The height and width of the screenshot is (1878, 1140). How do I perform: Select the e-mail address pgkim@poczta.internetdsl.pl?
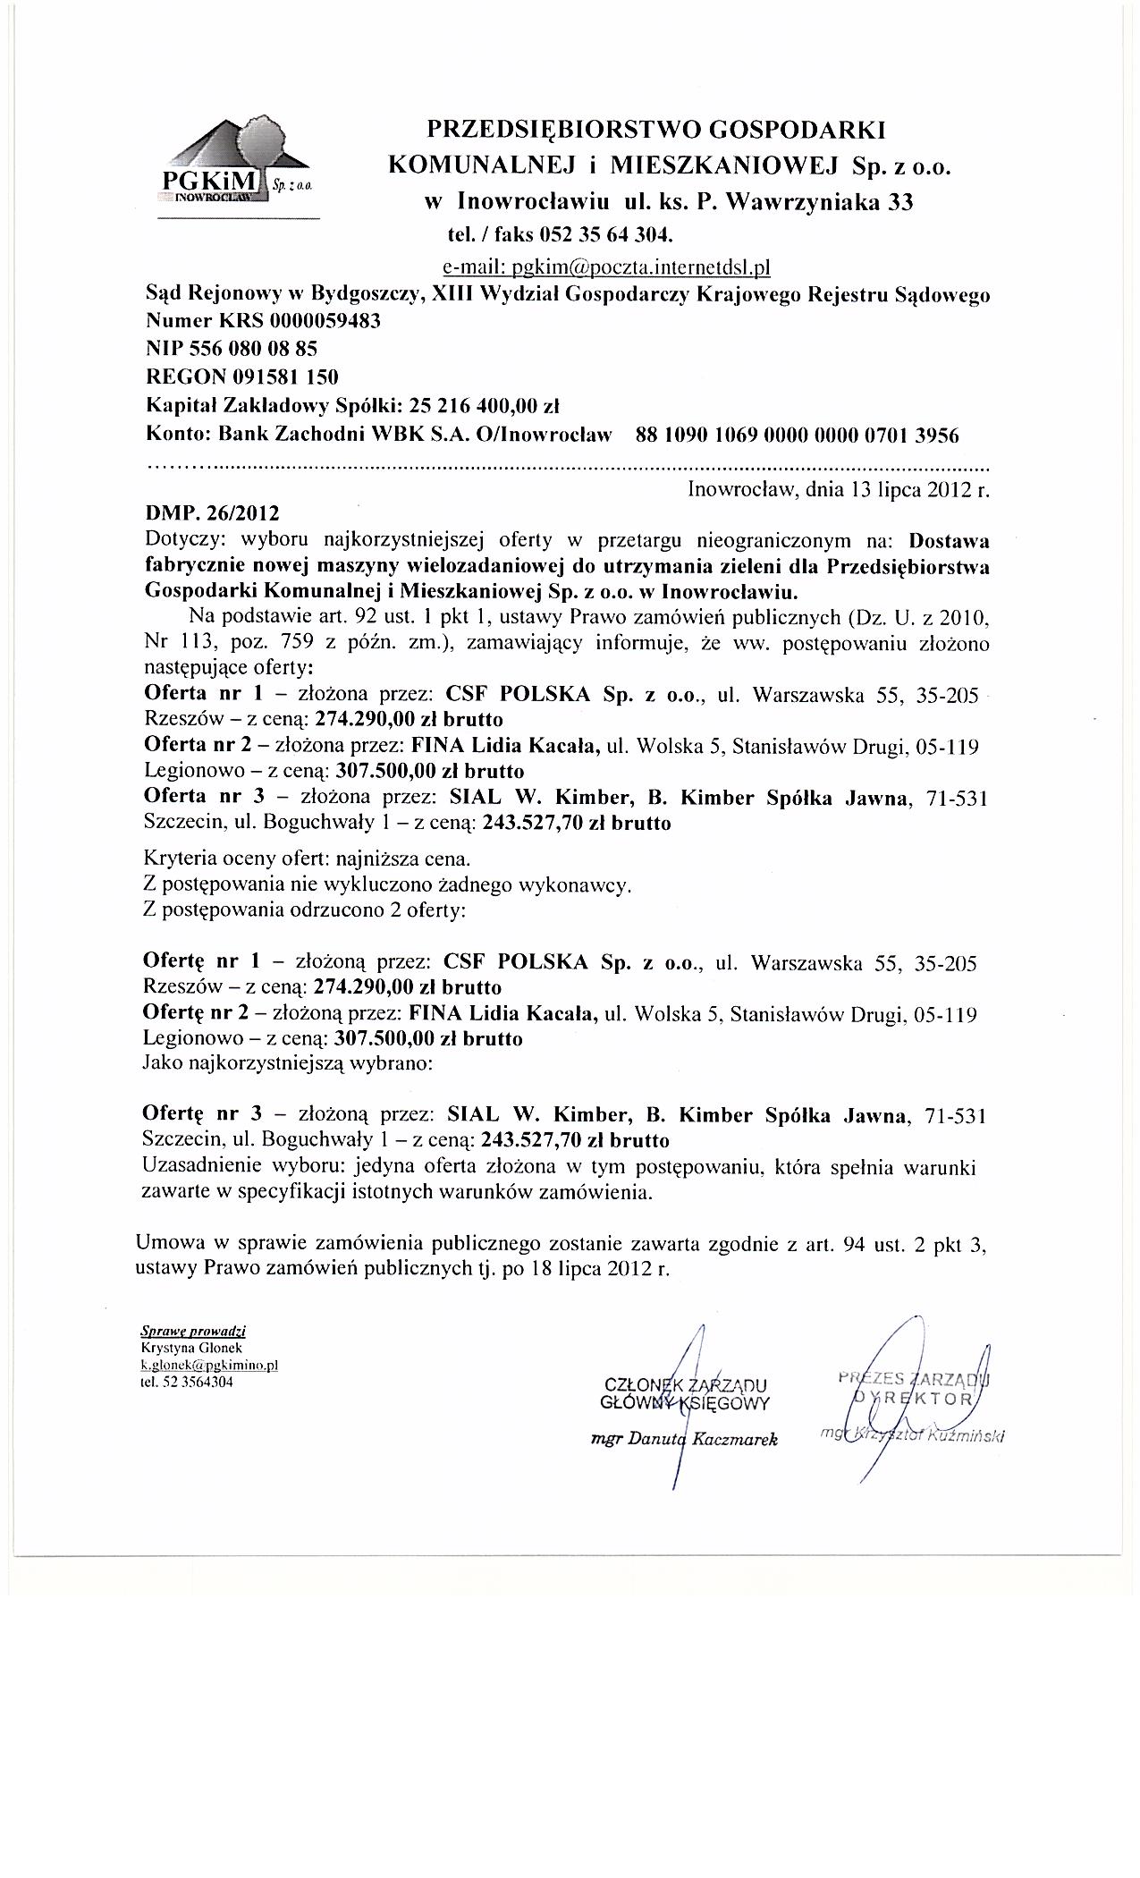606,266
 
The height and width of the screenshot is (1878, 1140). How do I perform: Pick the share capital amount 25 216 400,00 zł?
484,405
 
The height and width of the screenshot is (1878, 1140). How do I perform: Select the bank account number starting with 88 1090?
796,436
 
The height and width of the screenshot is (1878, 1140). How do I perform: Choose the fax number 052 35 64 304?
605,235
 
